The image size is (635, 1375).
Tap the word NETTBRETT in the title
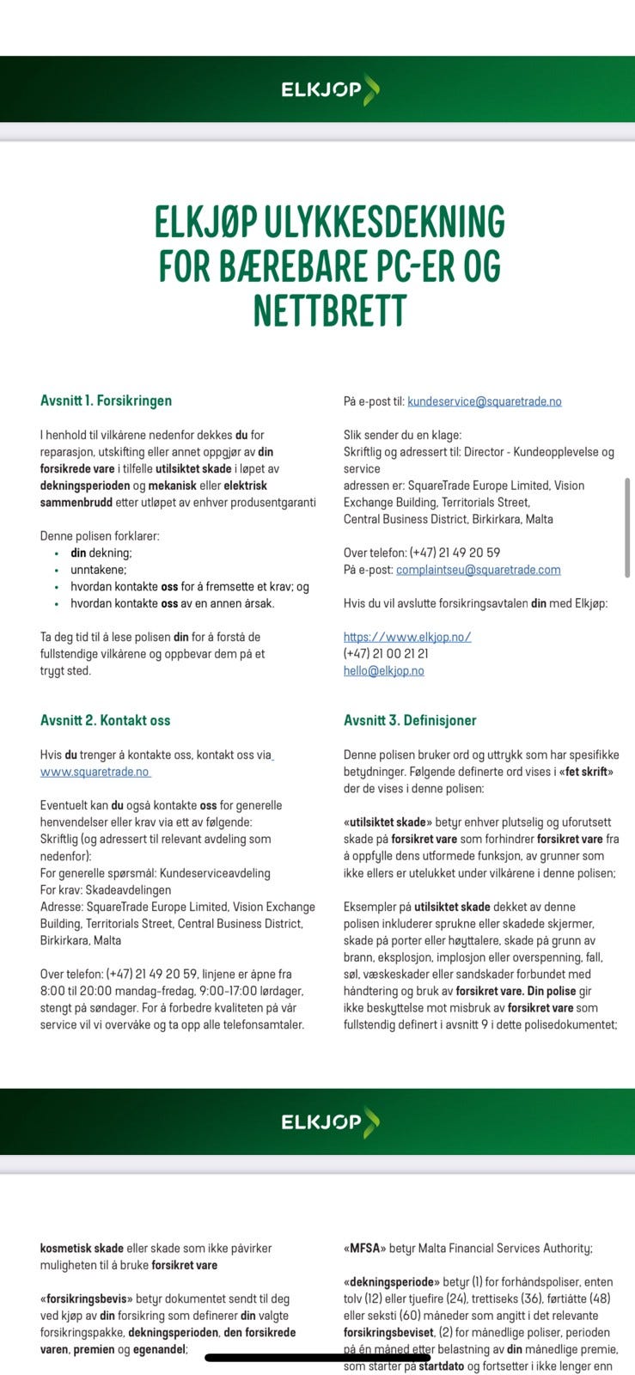[329, 310]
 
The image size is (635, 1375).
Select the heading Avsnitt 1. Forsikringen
[106, 400]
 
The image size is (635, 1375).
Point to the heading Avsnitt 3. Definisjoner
[409, 720]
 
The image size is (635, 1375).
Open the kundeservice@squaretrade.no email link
[484, 401]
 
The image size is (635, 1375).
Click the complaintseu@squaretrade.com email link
[478, 570]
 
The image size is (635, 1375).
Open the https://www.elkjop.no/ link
[407, 637]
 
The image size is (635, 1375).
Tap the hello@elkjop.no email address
[383, 670]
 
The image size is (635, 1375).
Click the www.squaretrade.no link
[95, 772]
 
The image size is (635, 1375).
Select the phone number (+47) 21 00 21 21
[386, 654]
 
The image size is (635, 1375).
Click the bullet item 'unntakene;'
[98, 570]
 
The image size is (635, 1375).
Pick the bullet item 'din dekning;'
[101, 553]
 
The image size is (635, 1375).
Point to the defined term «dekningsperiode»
[391, 1281]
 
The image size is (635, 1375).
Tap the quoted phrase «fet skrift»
[586, 772]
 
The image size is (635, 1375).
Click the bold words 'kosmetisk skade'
[82, 1248]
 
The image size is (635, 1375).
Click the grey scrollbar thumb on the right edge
[628, 528]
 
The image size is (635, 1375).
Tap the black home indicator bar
[317, 1358]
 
